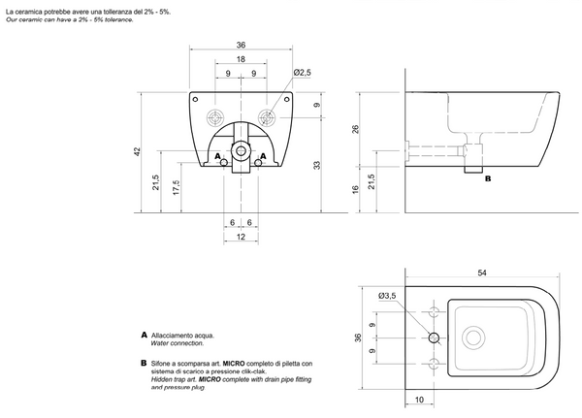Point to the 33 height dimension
(316, 165)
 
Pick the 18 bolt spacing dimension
(241, 58)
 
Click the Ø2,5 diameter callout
(302, 73)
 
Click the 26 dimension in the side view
(356, 130)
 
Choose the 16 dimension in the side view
(356, 191)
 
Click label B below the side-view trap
(487, 179)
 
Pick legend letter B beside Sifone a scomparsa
(144, 363)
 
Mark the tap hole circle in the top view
(434, 338)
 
